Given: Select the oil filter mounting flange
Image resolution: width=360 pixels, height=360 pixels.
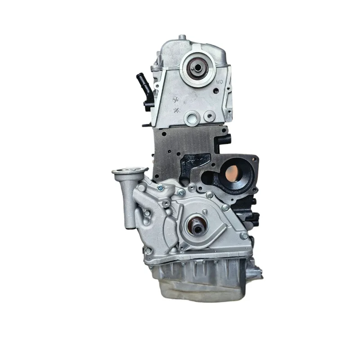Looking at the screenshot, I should pyautogui.click(x=130, y=171).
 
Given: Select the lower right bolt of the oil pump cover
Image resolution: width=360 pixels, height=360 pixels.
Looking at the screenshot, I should pyautogui.click(x=243, y=236).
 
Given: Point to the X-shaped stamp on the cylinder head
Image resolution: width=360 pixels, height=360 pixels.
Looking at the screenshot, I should pyautogui.click(x=176, y=110).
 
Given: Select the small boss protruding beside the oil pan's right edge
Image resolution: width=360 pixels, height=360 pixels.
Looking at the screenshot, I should pyautogui.click(x=258, y=270).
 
